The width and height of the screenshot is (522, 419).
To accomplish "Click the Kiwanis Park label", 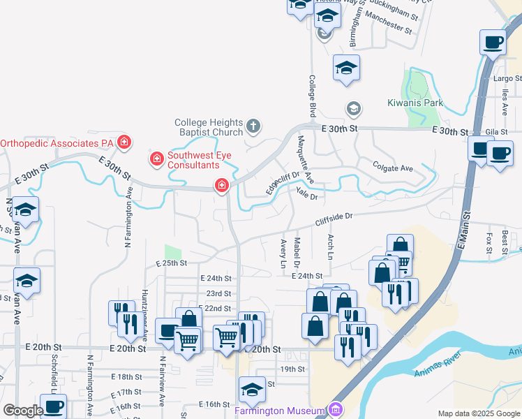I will click(x=415, y=103).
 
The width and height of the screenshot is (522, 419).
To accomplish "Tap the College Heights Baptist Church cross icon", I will click(x=253, y=126).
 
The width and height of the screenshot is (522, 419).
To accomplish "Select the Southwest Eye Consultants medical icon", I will click(x=157, y=159).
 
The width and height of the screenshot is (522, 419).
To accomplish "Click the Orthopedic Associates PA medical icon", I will click(x=124, y=142).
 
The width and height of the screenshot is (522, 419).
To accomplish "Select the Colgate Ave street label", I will click(x=394, y=168).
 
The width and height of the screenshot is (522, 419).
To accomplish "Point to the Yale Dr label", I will click(x=306, y=193).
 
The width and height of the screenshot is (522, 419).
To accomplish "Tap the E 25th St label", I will click(x=172, y=263).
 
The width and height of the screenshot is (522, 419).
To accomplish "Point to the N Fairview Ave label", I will click(x=161, y=382).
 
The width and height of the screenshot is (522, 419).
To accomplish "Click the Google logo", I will click(x=23, y=411).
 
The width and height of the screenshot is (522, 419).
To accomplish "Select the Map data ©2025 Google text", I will click(x=479, y=413).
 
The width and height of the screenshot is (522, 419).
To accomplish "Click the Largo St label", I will click(x=507, y=78).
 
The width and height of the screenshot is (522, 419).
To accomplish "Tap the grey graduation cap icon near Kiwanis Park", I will click(x=353, y=109).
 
